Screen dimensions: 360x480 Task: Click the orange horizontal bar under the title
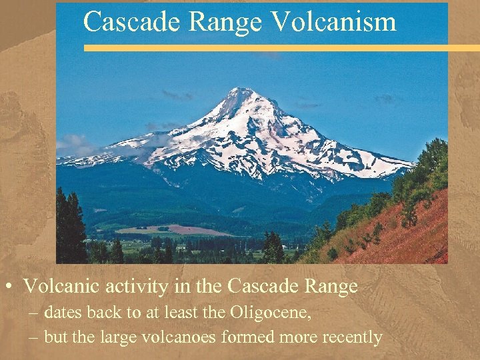pyautogui.click(x=280, y=48)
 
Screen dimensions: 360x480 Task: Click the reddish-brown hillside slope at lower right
pyautogui.click(x=400, y=233)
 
